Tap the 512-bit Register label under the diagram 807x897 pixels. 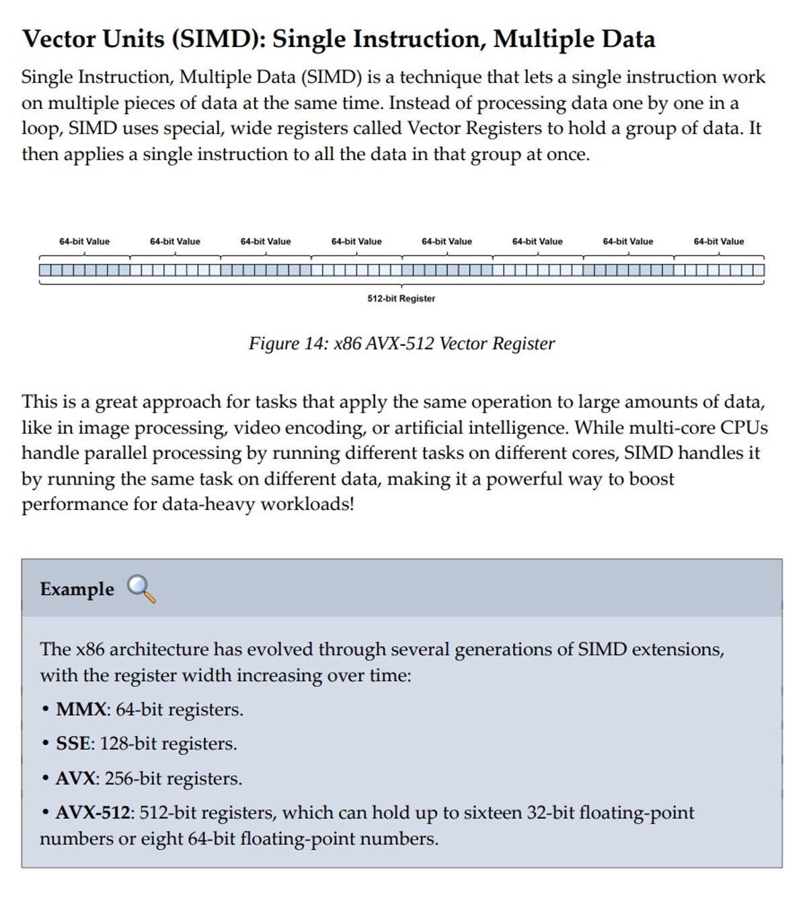tap(401, 298)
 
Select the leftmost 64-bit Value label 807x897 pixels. tap(84, 242)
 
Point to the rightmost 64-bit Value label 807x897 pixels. tap(718, 242)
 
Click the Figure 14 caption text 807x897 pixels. tap(401, 343)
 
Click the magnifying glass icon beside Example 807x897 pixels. tap(141, 589)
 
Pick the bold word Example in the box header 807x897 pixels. tap(77, 589)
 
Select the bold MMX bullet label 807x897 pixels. tap(81, 709)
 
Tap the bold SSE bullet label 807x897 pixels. tap(73, 744)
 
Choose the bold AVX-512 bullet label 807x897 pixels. tap(92, 812)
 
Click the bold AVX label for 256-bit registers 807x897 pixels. tap(75, 779)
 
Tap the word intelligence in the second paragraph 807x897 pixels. tap(516, 427)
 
